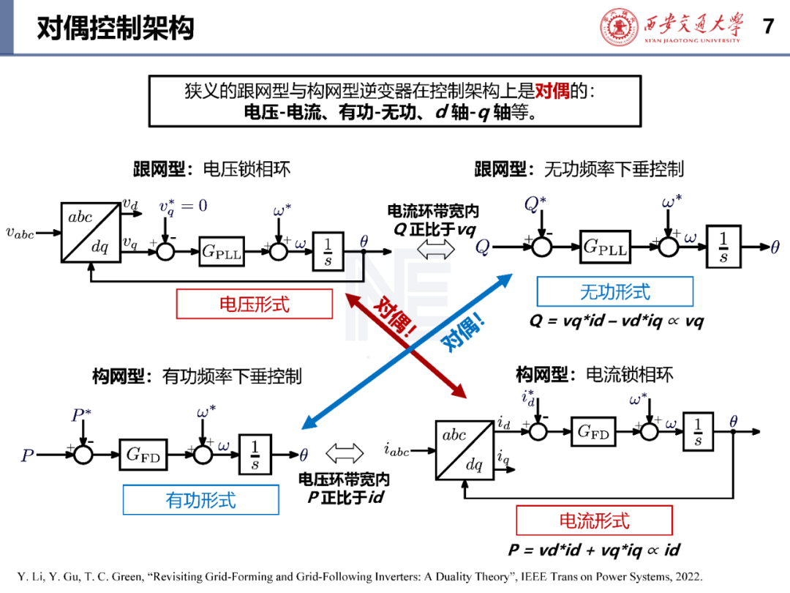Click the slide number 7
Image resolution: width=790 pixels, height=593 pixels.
coord(768,26)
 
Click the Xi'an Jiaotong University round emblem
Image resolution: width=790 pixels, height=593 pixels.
coord(620,27)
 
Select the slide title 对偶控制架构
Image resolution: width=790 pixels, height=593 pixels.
coord(116,28)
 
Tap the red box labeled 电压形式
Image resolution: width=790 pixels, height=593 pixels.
coord(255,304)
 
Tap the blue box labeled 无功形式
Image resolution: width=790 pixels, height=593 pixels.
coord(614,292)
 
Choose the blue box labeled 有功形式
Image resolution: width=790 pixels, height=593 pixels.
coord(201,500)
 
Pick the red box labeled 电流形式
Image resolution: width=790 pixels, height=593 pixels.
coord(594,521)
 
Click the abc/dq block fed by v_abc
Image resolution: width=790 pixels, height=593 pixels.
coord(91,232)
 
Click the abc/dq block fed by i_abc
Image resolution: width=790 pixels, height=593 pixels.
coord(464,449)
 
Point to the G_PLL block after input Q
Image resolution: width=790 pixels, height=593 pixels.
coord(605,247)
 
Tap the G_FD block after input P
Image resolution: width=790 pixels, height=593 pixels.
coord(143,455)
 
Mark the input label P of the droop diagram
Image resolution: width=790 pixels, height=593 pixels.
coord(27,456)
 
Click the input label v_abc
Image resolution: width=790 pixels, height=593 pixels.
coord(20,233)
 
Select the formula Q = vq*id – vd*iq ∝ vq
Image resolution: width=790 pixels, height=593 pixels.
coord(616,321)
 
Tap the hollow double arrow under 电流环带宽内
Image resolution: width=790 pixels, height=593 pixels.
coord(435,248)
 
